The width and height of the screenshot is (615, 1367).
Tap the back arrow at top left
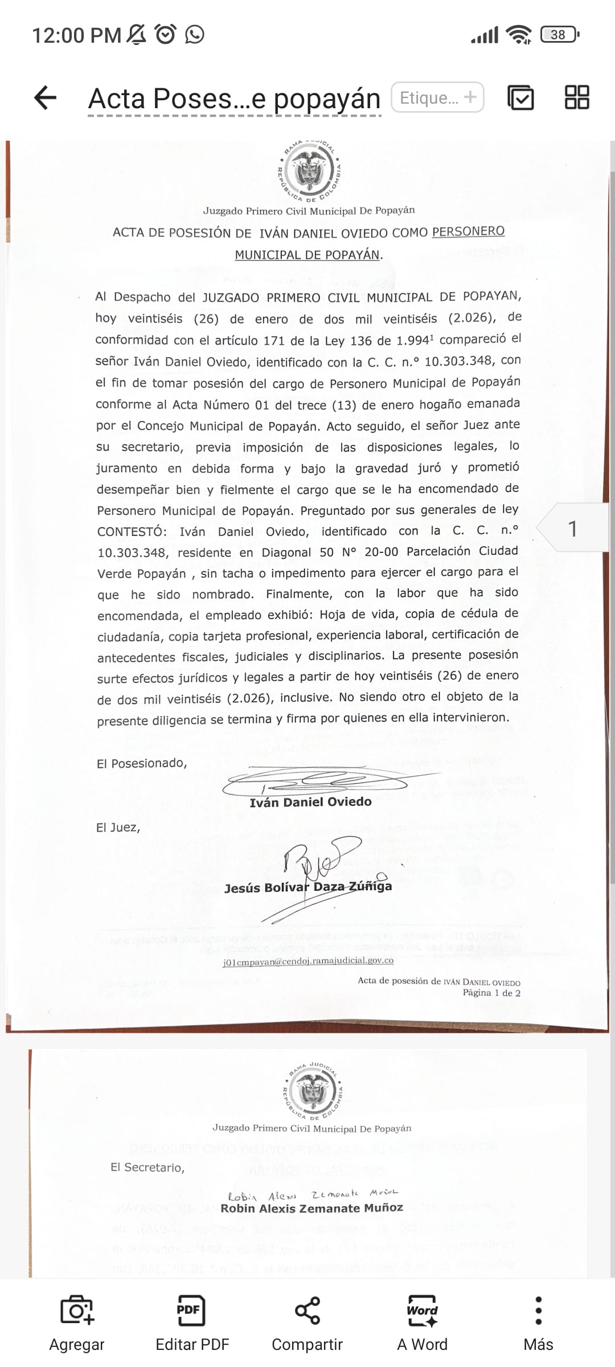[46, 97]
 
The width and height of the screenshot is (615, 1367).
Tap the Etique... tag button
[437, 97]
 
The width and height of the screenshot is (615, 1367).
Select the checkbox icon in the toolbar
[520, 97]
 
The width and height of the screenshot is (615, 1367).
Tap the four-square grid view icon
[576, 97]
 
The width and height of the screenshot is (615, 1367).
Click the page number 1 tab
[572, 529]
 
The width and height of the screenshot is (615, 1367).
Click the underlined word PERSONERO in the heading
[468, 231]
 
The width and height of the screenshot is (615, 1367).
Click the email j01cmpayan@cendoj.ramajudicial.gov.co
[308, 960]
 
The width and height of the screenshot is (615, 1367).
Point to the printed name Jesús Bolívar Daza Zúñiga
[308, 887]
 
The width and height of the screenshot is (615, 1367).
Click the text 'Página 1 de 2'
[491, 993]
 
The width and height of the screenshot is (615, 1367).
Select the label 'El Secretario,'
[147, 1167]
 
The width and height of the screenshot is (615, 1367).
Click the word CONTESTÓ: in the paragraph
[132, 531]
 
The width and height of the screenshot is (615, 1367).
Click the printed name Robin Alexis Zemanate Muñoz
[311, 1208]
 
